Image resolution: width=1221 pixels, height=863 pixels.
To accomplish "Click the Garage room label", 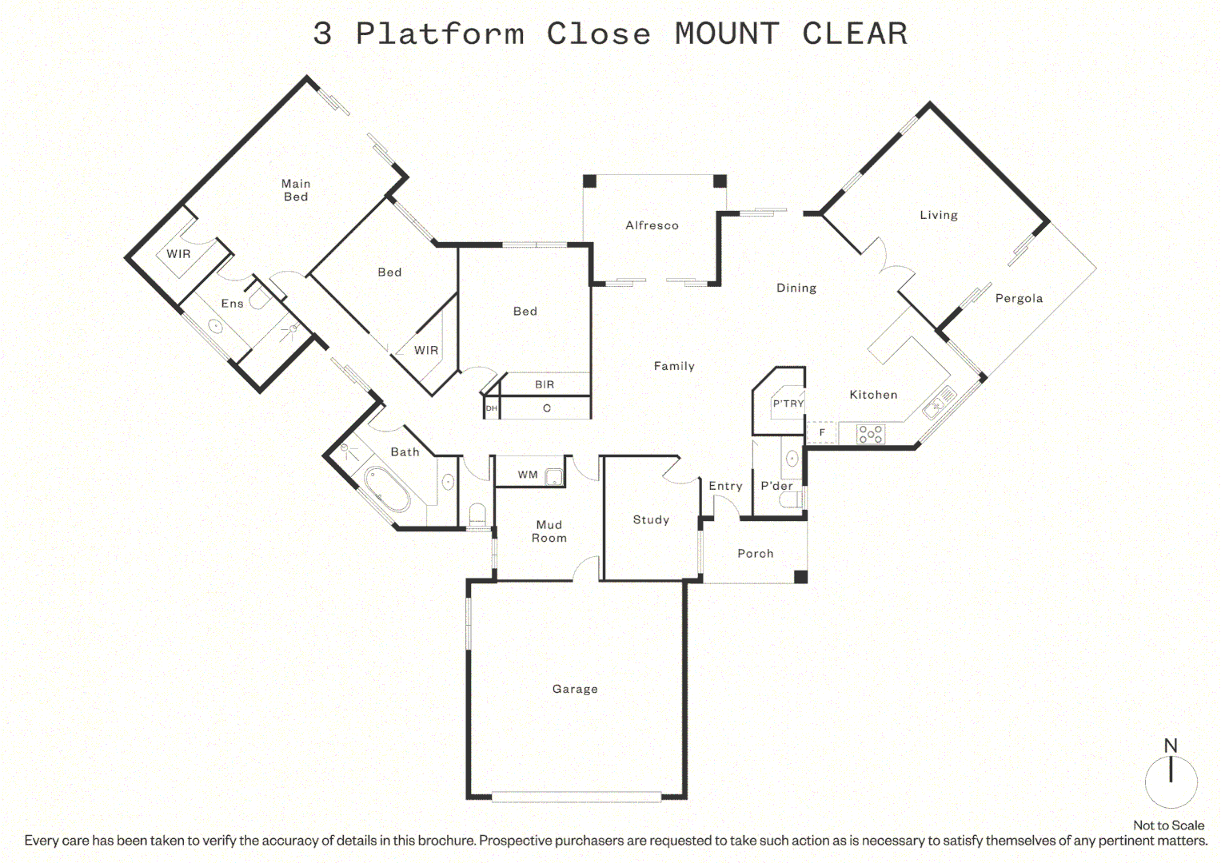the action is tap(575, 689).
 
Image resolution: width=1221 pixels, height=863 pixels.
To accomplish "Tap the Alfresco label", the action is tap(652, 225).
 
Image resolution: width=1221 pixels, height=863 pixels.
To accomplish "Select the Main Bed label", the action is tap(296, 190).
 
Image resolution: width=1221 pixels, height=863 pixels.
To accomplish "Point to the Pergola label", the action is tap(1019, 299).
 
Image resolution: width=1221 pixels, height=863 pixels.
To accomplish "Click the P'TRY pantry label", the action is tap(788, 404).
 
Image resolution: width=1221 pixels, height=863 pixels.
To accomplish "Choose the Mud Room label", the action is tap(549, 531).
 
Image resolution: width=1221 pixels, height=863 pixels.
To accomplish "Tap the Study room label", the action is tap(651, 519).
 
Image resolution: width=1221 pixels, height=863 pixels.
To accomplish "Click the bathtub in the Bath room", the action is tap(386, 489).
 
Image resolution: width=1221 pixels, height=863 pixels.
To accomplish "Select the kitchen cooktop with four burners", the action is tap(871, 434).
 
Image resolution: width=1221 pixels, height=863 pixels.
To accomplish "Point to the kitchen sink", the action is tap(940, 402).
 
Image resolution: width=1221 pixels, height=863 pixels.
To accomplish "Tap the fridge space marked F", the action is tap(822, 432).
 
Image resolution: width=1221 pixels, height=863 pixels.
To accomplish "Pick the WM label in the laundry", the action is tap(528, 475).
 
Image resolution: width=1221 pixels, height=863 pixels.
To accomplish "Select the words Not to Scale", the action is tap(1169, 825).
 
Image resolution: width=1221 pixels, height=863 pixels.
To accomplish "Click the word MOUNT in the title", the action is tap(727, 34).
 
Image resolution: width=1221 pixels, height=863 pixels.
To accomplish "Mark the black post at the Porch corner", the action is tap(800, 577).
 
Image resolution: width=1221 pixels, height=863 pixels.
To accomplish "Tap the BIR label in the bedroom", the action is tap(545, 384).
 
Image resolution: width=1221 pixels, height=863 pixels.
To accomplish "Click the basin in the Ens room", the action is tap(216, 327).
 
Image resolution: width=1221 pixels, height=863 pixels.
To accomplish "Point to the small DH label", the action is tap(492, 408).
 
